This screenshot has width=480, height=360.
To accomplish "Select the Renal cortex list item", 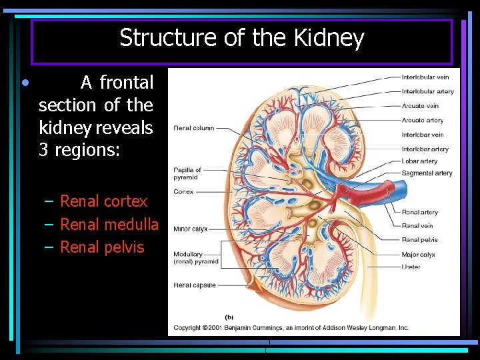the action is click(x=103, y=201).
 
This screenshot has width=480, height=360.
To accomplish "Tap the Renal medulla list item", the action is click(x=109, y=225).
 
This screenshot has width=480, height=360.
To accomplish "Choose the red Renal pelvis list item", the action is click(x=102, y=247).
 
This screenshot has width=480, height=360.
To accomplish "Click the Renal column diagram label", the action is click(x=194, y=128).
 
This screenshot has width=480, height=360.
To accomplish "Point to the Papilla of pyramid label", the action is click(x=187, y=173).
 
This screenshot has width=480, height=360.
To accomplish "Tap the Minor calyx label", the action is click(x=191, y=229).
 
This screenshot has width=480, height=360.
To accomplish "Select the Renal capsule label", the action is click(x=195, y=285).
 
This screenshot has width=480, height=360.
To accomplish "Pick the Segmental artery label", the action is click(x=427, y=173).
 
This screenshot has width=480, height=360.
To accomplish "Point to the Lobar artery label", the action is click(x=419, y=161).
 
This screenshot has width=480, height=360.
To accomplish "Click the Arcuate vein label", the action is click(x=420, y=106).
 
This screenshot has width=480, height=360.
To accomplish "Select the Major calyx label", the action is click(x=418, y=255).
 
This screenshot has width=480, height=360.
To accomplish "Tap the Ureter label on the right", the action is click(x=411, y=267).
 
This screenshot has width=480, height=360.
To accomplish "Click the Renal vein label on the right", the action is click(x=417, y=226).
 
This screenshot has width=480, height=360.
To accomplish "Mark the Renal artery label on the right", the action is click(x=419, y=213).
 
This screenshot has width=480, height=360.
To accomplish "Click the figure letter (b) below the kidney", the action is click(x=229, y=317).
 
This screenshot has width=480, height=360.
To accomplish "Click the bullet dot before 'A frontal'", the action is click(x=24, y=83).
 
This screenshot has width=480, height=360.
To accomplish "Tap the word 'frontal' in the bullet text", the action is click(x=127, y=83).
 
